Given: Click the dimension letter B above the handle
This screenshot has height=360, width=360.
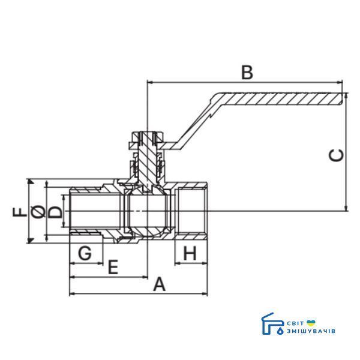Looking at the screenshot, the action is [x=247, y=73].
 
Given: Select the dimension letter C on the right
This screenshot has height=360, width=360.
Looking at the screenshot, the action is [x=337, y=155].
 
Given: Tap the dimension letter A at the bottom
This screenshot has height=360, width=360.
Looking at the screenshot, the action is [x=160, y=284].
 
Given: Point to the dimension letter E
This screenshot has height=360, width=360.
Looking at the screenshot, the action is [x=113, y=267].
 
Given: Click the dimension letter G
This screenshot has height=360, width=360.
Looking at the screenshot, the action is [x=85, y=253].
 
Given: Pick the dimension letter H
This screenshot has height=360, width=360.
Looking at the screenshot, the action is [x=190, y=253].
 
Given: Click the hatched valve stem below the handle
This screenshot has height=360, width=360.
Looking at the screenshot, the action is [x=148, y=161].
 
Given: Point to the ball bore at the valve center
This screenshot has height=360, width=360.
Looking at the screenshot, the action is [x=147, y=211].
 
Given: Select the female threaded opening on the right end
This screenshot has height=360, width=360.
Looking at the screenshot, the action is [x=191, y=211].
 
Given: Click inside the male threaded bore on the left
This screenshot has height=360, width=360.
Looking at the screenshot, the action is [x=95, y=211].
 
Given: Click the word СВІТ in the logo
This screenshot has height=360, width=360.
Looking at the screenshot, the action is [x=295, y=323].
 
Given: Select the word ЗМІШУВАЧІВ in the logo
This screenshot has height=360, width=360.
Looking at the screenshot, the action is [x=311, y=331].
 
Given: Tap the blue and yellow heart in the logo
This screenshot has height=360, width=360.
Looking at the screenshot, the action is [x=311, y=323].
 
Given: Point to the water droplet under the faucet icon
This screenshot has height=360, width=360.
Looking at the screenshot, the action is [x=280, y=331].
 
